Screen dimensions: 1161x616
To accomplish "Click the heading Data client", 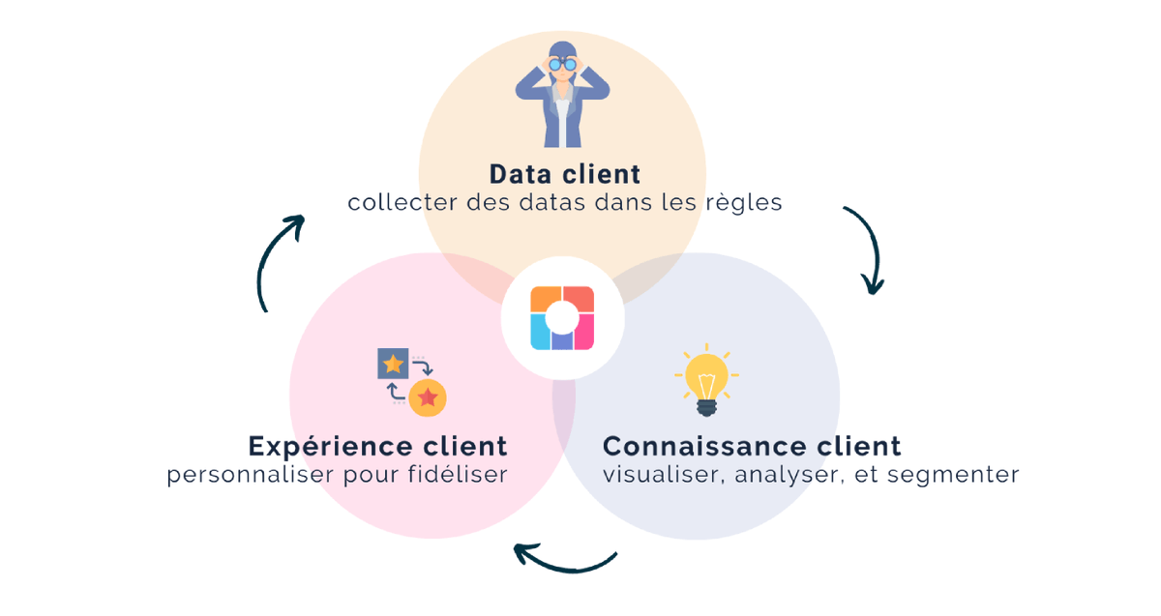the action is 565,174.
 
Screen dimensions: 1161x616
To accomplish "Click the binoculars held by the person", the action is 562,64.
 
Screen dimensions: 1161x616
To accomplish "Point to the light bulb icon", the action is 706,379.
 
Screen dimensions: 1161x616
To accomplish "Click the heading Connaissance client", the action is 752,446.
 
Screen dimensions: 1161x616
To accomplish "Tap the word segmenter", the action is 953,475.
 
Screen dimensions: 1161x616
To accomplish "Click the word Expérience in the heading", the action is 331,447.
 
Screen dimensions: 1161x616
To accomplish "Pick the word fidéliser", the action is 458,474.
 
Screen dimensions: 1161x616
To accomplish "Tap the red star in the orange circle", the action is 428,397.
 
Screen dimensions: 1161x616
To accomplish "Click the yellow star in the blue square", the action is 393,364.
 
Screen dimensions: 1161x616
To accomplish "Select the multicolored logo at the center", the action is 562,318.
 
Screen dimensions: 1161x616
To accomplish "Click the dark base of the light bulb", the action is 706,408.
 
